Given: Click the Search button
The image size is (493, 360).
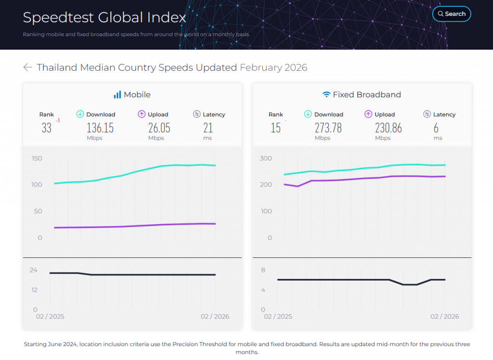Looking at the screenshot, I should (452, 14).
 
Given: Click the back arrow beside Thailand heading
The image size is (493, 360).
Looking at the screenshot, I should (27, 67).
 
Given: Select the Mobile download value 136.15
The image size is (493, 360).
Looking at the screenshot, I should (100, 128).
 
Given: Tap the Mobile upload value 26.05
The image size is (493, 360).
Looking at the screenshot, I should (159, 128).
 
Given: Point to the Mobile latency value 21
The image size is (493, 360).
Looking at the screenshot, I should (208, 128).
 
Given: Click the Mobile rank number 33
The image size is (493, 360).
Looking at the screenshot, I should (46, 128).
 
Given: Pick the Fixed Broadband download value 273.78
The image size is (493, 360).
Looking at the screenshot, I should (328, 128).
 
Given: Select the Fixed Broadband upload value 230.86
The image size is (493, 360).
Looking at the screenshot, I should (388, 128).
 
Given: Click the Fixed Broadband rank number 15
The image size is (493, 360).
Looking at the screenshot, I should (275, 128).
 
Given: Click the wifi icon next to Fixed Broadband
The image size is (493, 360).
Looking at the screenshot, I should (326, 95).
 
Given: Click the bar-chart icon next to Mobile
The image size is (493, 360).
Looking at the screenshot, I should (117, 95).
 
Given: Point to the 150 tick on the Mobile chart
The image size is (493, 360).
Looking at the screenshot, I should (37, 159).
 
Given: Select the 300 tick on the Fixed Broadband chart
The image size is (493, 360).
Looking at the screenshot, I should (266, 159).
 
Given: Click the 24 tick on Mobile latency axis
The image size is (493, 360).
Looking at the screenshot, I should (33, 270).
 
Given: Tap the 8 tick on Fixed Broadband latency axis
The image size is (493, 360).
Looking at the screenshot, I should (263, 270).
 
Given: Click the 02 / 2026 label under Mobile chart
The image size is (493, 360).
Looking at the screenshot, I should (215, 317).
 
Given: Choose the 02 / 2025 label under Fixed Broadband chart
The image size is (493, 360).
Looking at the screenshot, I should (278, 317).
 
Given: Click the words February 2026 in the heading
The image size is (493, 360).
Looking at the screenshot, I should (273, 67).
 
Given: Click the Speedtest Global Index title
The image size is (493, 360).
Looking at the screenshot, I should (104, 18).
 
